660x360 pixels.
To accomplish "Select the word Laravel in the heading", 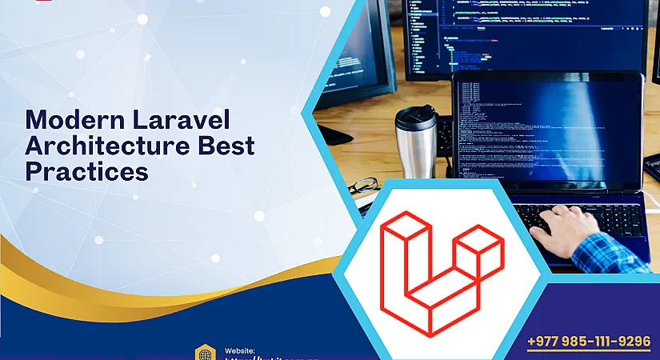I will [x=178, y=120].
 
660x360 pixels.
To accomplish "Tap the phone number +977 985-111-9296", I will [x=589, y=342].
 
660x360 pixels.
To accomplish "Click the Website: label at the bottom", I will [x=240, y=350].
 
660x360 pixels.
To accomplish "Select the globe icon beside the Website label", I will [x=205, y=352].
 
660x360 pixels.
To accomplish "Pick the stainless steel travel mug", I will [x=416, y=148].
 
